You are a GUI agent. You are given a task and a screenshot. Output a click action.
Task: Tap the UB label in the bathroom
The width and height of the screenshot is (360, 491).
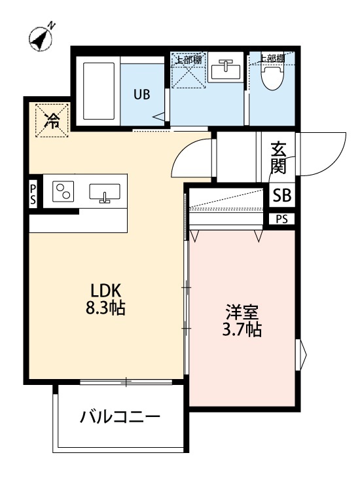(x=142, y=94)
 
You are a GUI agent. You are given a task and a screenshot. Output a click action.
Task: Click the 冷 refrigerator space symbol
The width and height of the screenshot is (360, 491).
(x=50, y=120)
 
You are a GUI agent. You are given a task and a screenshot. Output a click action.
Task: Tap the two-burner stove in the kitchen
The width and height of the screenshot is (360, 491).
(x=63, y=191)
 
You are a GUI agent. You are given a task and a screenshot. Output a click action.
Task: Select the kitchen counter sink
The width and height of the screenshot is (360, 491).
(x=104, y=192)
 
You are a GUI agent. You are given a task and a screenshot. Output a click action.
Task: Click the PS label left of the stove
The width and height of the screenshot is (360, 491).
(x=33, y=194)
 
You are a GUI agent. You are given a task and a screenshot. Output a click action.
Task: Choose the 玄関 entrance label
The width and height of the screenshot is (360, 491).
(x=279, y=158)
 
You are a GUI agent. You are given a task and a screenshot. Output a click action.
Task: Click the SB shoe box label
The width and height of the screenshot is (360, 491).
(x=282, y=195)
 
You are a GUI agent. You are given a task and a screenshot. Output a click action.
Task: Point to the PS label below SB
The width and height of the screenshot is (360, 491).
(x=281, y=219)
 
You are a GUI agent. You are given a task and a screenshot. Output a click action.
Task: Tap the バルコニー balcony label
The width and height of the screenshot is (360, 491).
(x=120, y=417)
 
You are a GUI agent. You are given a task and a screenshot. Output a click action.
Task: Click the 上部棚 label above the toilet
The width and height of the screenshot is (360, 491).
(x=271, y=58)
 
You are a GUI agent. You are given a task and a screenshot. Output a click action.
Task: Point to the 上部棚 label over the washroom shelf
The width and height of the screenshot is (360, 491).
(x=188, y=59)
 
